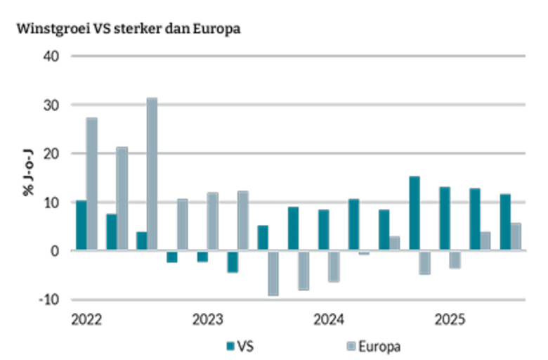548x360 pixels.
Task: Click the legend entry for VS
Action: click(x=239, y=345)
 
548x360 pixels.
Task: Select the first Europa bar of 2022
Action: click(x=91, y=184)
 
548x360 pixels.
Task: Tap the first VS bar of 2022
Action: click(x=81, y=225)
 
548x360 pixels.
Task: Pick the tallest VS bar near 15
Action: click(x=415, y=213)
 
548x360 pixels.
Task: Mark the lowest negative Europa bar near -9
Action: click(x=273, y=273)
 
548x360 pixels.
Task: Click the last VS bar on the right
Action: click(x=505, y=222)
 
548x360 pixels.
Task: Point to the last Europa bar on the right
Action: click(x=516, y=236)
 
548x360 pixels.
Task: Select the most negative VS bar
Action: click(x=233, y=261)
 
